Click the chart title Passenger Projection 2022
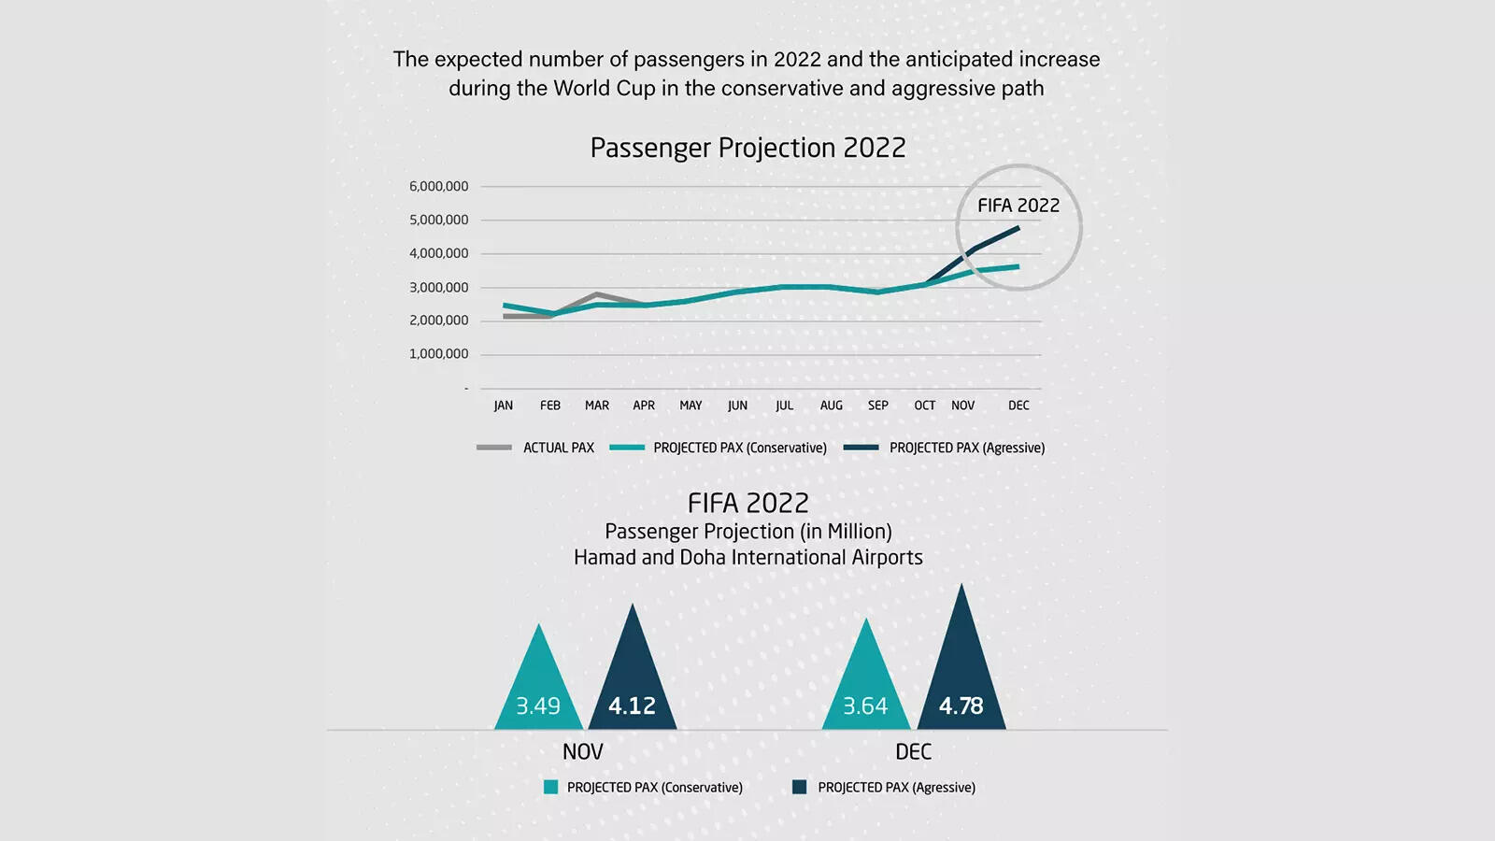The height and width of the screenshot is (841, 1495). pyautogui.click(x=747, y=148)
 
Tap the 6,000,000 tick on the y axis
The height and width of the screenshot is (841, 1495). pyautogui.click(x=438, y=186)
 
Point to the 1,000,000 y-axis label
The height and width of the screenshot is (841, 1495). pyautogui.click(x=438, y=353)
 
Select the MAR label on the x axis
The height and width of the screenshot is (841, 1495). pyautogui.click(x=597, y=406)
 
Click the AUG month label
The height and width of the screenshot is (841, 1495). pyautogui.click(x=831, y=406)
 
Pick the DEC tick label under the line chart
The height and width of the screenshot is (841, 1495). pyautogui.click(x=1018, y=406)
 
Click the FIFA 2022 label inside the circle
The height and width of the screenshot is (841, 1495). pyautogui.click(x=1018, y=206)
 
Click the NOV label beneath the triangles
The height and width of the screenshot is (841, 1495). pyautogui.click(x=582, y=751)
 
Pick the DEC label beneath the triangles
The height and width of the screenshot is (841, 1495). pyautogui.click(x=913, y=751)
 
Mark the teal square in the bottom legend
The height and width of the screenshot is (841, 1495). pyautogui.click(x=550, y=787)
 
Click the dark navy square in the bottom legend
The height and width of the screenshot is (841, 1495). pyautogui.click(x=799, y=787)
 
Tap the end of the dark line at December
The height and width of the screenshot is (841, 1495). pyautogui.click(x=1018, y=227)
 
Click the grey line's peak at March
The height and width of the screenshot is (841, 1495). pyautogui.click(x=596, y=293)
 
